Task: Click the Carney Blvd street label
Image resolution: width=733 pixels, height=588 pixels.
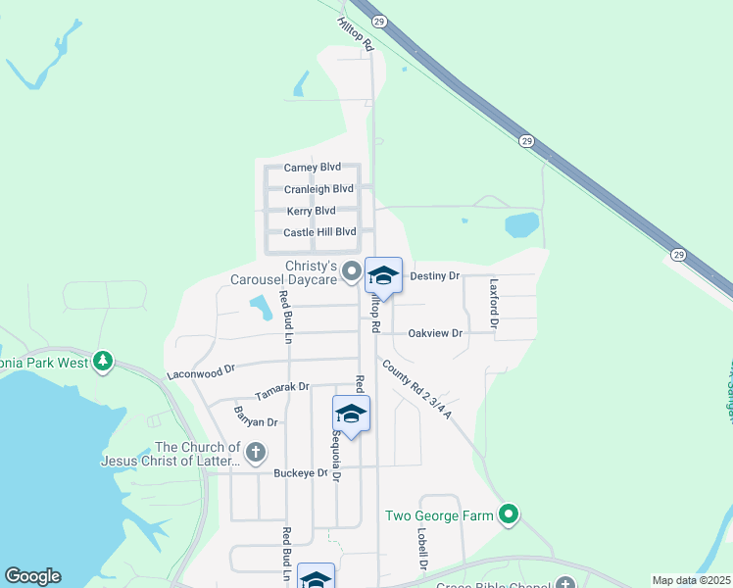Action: tap(313, 168)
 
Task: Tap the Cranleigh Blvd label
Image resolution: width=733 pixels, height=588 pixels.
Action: tap(318, 189)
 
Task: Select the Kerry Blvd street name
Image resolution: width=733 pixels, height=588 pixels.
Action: tap(312, 211)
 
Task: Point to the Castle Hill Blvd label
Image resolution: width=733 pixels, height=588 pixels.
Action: tap(319, 232)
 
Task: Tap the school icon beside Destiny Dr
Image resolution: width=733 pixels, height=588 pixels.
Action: tap(384, 276)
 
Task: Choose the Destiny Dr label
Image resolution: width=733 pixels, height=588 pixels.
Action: tap(434, 276)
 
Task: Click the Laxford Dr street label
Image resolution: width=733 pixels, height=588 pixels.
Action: tap(495, 302)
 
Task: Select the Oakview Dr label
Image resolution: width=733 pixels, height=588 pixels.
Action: tap(435, 333)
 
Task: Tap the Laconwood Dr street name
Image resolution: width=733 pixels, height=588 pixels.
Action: tap(202, 371)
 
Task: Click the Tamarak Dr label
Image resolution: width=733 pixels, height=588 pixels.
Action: tap(282, 391)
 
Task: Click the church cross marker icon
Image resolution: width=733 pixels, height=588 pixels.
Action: tap(255, 452)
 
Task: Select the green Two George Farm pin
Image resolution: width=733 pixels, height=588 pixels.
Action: tap(508, 514)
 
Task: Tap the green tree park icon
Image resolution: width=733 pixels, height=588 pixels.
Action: tap(102, 362)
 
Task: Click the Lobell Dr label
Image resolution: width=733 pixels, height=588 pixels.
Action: tap(423, 549)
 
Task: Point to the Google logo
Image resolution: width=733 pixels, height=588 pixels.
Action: tap(32, 576)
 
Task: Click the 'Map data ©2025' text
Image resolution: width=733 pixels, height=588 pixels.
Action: tap(691, 580)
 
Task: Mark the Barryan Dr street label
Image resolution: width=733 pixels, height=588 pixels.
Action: tap(256, 421)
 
